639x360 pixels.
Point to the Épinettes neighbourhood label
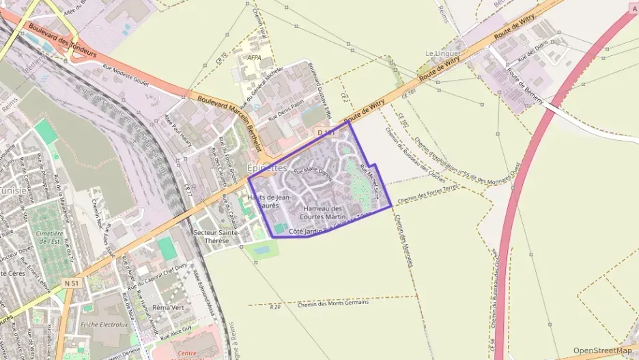coord(268,168)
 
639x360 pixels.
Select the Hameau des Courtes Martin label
coord(322,212)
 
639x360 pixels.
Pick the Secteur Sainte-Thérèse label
coord(216,236)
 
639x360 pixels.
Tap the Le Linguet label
coord(442,53)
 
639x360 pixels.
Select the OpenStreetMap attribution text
coord(603,350)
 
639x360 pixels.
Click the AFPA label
coord(255,58)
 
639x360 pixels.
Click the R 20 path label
coord(275,307)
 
